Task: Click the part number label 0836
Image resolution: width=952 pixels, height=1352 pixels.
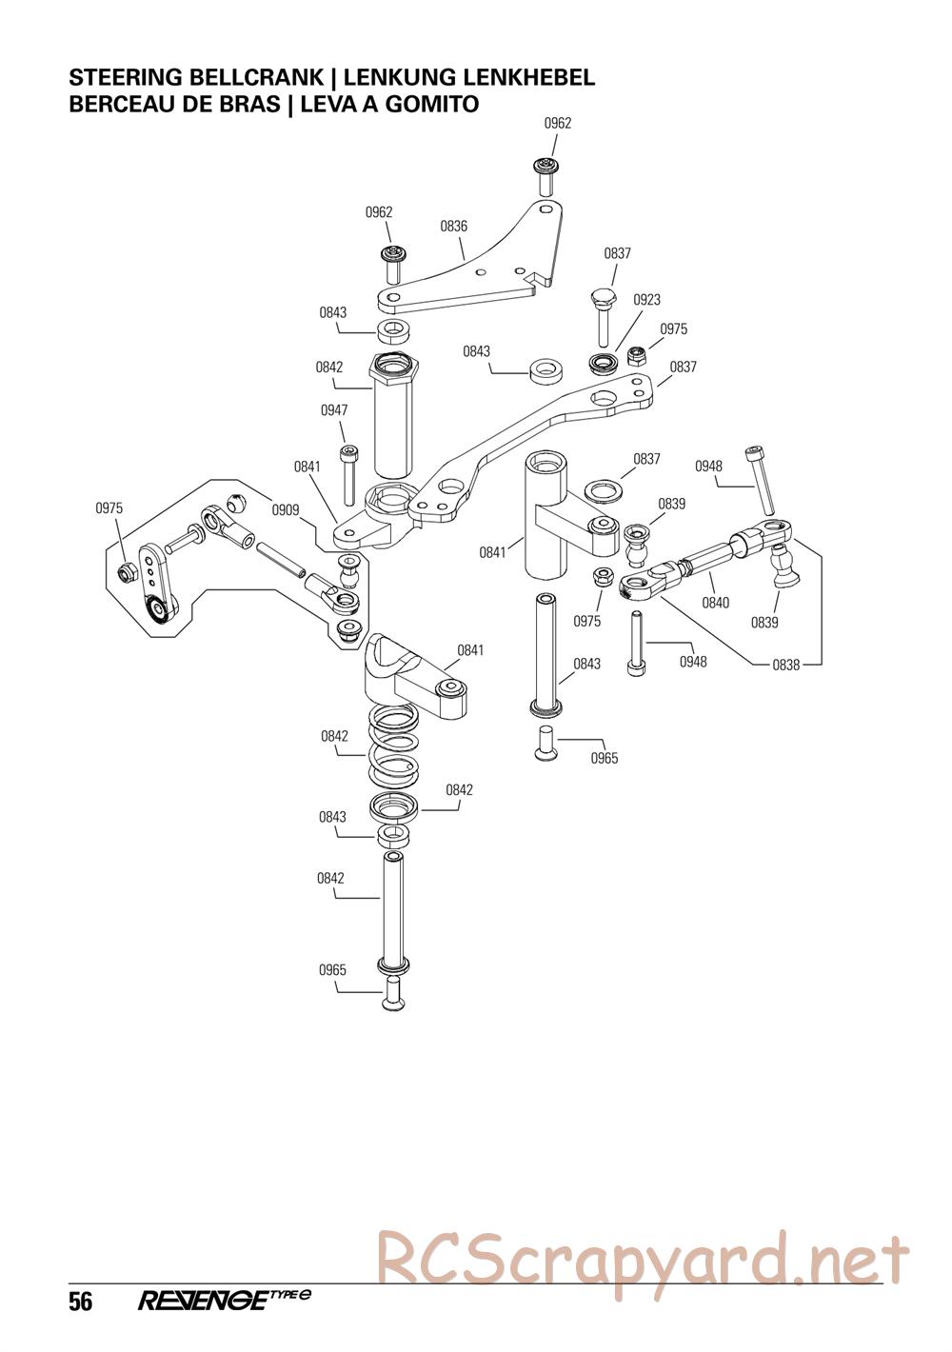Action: click(x=453, y=227)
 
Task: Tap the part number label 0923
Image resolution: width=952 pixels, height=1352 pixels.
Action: click(x=645, y=300)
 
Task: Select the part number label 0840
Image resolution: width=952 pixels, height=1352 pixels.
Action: click(x=715, y=603)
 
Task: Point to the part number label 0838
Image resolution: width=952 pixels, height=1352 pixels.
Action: click(x=785, y=666)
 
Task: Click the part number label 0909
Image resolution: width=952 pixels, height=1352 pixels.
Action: click(x=286, y=509)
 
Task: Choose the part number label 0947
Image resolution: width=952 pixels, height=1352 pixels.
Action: click(x=334, y=410)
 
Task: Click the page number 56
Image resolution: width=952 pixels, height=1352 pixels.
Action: click(x=80, y=1302)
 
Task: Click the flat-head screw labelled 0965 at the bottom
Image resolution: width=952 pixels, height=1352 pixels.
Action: click(x=393, y=994)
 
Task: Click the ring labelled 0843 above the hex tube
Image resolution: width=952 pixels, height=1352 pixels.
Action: click(x=393, y=331)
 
